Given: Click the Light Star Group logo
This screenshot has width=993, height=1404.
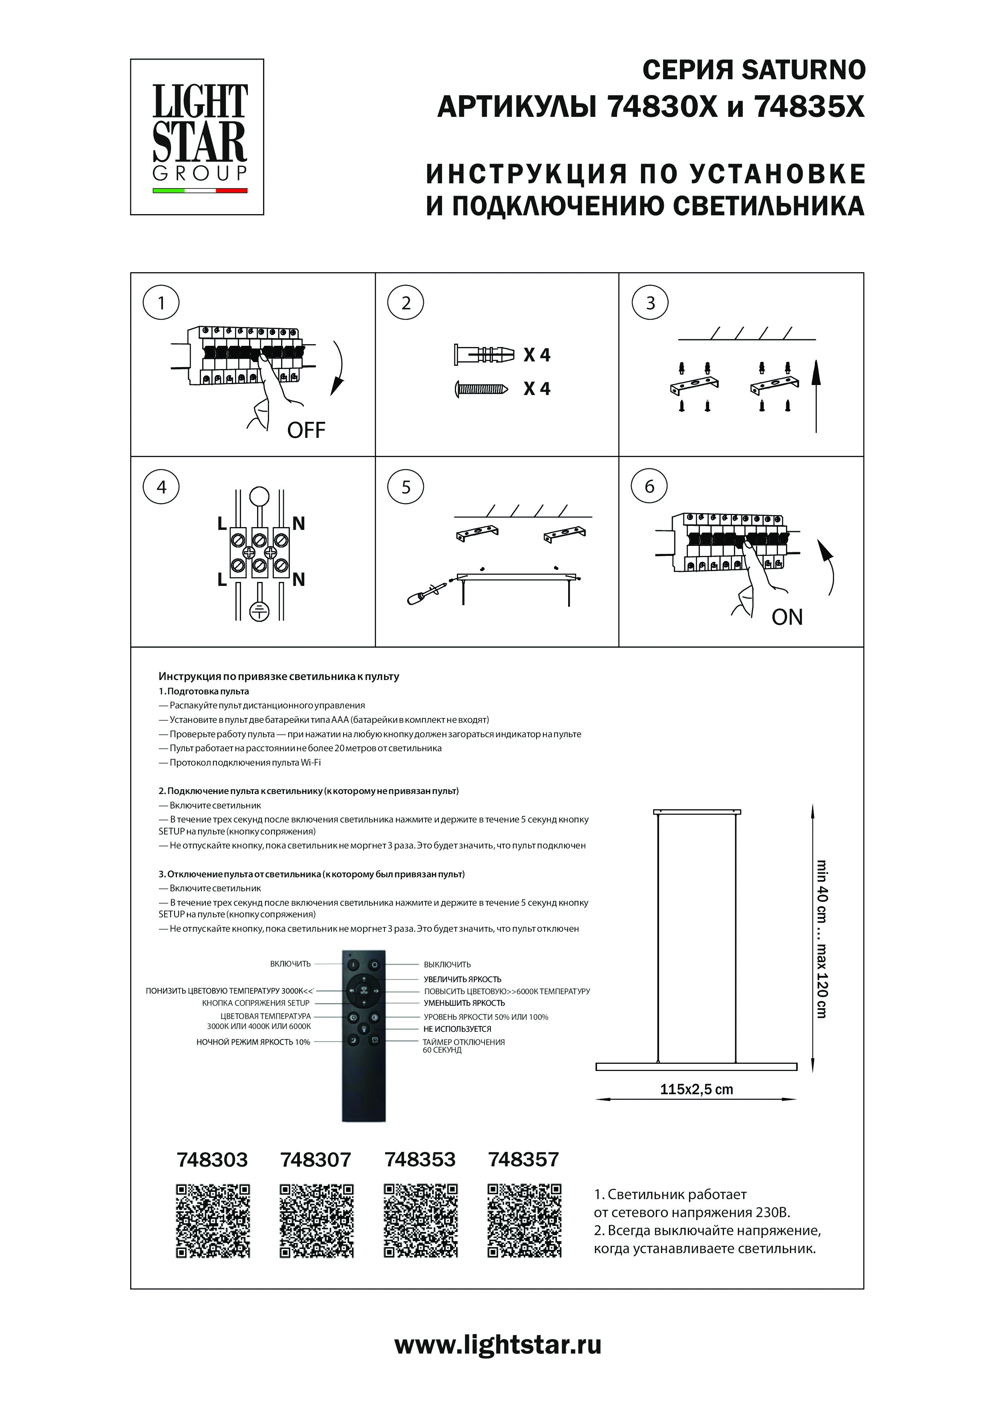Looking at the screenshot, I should (x=197, y=137).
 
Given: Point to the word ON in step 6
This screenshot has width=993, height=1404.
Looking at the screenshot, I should (x=787, y=618).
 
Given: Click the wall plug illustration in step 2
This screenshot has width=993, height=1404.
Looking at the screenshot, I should (x=482, y=355).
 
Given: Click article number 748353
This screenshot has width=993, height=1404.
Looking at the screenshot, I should (x=420, y=1159).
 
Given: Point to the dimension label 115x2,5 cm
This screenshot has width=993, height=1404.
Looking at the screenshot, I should (x=696, y=1089).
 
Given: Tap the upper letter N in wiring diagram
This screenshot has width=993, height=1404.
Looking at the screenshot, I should (x=299, y=523).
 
